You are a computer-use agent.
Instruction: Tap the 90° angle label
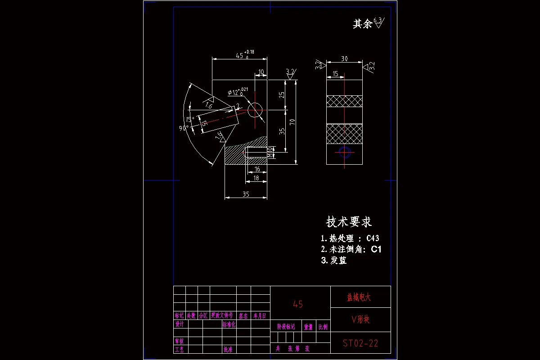[x=183, y=128]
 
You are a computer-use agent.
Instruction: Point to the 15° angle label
[x=190, y=119]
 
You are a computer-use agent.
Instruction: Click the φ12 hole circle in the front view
[x=255, y=109]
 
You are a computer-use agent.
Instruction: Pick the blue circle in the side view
[x=345, y=152]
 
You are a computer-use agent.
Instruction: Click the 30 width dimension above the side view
[x=344, y=58]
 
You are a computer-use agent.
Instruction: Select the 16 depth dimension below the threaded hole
[x=257, y=169]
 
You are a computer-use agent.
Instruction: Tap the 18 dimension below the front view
[x=256, y=178]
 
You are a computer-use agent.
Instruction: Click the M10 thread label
[x=270, y=152]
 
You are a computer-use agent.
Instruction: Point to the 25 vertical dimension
[x=281, y=95]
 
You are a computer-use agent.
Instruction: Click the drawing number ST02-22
[x=360, y=344]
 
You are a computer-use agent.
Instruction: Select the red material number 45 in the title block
[x=298, y=304]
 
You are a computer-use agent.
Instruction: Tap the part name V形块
[x=360, y=319]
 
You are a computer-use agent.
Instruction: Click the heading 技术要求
[x=349, y=222]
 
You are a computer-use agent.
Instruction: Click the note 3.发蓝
[x=334, y=260]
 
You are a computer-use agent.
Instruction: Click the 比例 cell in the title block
[x=323, y=327]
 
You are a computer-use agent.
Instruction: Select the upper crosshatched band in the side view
[x=344, y=101]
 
